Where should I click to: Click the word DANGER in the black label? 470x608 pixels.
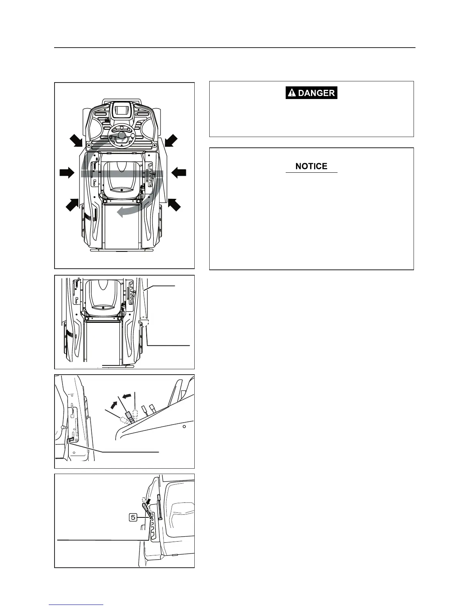[316, 93]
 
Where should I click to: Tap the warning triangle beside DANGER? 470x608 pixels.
[292, 93]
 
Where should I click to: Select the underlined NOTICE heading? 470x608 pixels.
[311, 166]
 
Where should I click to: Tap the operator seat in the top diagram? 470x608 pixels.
[121, 177]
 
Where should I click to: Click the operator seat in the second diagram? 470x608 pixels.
[103, 294]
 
